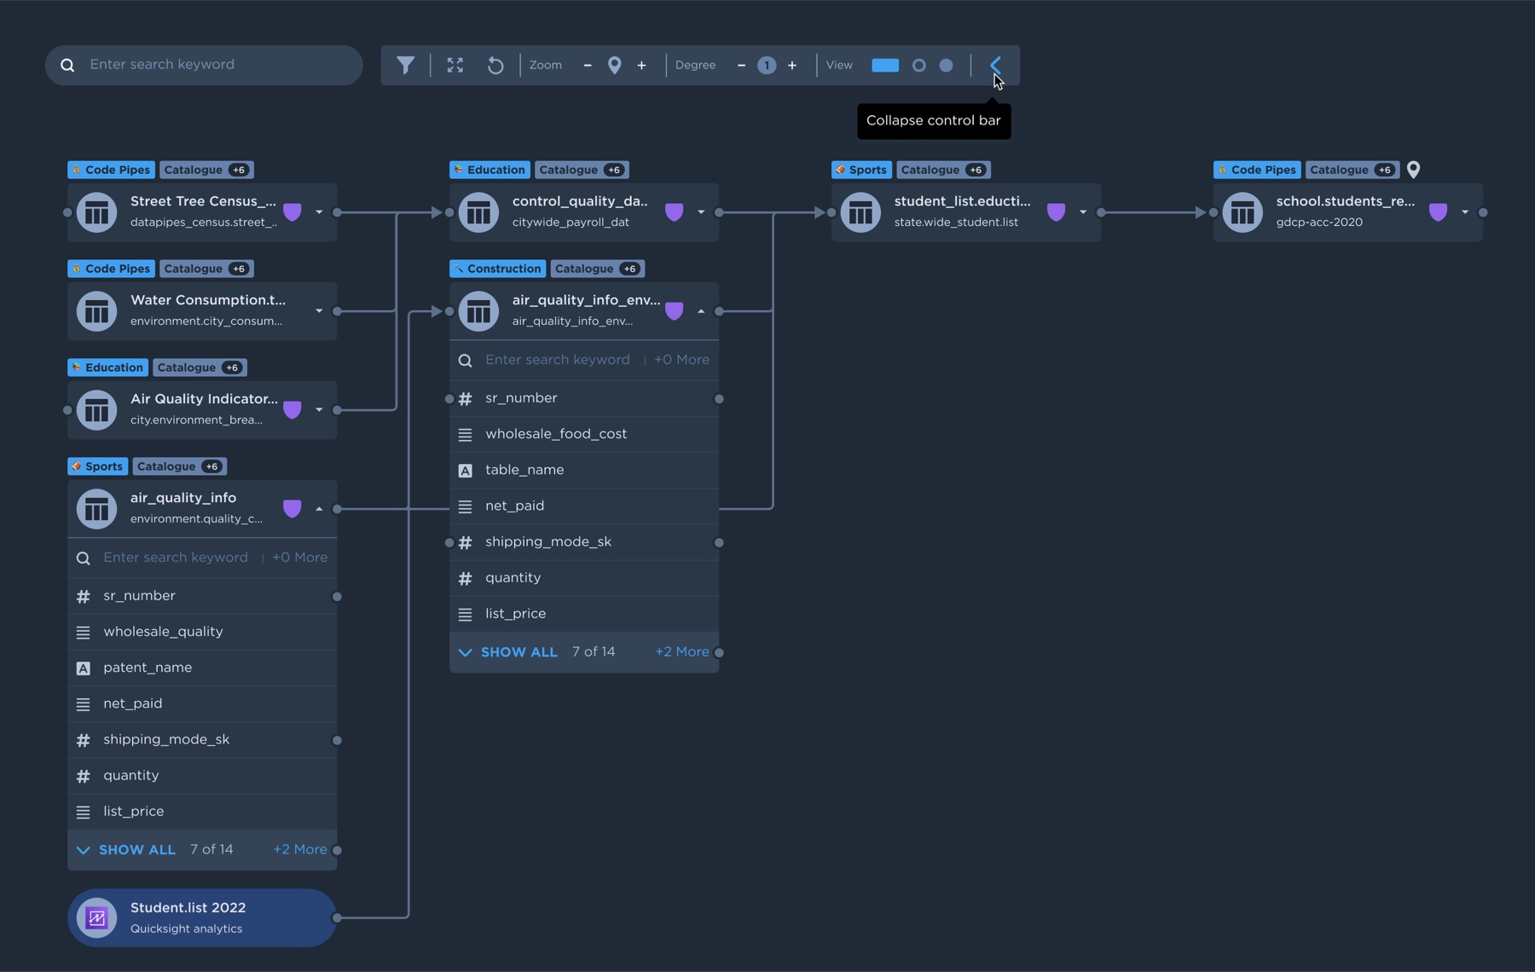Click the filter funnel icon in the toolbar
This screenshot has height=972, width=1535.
(406, 65)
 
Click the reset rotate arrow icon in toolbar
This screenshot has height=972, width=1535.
(495, 65)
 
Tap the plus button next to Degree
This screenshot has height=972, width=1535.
(792, 65)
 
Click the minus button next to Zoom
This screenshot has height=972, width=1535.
(588, 65)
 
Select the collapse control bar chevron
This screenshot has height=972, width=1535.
(995, 65)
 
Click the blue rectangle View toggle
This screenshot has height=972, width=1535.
(885, 65)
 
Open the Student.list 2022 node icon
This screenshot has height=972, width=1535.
(96, 917)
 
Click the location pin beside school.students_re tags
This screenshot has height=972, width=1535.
(1413, 170)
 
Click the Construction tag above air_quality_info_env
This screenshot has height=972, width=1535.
(497, 269)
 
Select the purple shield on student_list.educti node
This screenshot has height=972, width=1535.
(1056, 212)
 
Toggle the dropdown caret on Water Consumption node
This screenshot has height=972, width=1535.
(319, 311)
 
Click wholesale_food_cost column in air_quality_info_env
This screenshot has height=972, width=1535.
(556, 434)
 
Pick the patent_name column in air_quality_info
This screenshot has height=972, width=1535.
(148, 668)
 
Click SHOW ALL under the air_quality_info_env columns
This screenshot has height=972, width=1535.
(518, 652)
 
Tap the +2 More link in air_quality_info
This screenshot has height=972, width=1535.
(300, 849)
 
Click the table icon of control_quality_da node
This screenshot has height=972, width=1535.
(478, 212)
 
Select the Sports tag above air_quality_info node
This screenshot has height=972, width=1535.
(97, 466)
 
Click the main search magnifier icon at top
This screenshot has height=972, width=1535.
(67, 65)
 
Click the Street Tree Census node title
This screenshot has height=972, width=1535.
(203, 201)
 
